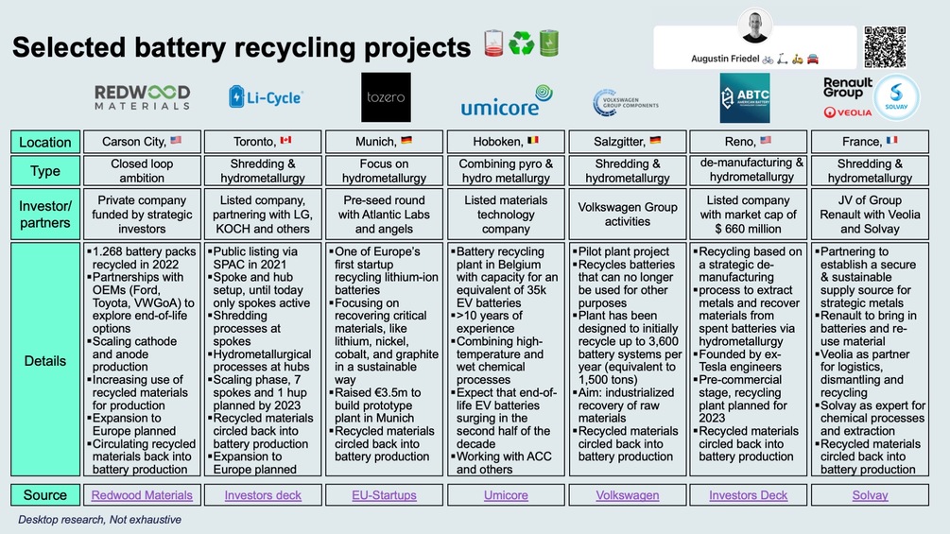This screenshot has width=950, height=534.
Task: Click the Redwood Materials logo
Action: point(143,97)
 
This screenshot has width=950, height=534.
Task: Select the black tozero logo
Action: point(386,97)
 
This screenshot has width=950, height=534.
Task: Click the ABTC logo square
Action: point(744,98)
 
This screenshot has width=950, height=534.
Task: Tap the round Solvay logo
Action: point(894,97)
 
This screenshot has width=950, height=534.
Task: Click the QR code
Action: point(885,46)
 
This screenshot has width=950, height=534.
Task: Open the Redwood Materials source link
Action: point(143,494)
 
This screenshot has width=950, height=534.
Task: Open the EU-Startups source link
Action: point(385,494)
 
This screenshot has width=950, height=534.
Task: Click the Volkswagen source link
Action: point(628,494)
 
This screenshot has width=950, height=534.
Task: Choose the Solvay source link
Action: point(870,494)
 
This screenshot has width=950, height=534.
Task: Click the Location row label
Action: point(45,142)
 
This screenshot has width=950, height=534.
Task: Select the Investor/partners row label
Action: point(45,214)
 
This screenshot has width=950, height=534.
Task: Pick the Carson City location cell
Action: point(143,142)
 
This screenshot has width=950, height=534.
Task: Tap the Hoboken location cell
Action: point(506,142)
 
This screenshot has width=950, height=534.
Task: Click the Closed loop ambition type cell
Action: point(143,170)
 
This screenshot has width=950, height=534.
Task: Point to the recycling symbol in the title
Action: point(521,44)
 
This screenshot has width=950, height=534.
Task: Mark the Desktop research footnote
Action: point(99,519)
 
